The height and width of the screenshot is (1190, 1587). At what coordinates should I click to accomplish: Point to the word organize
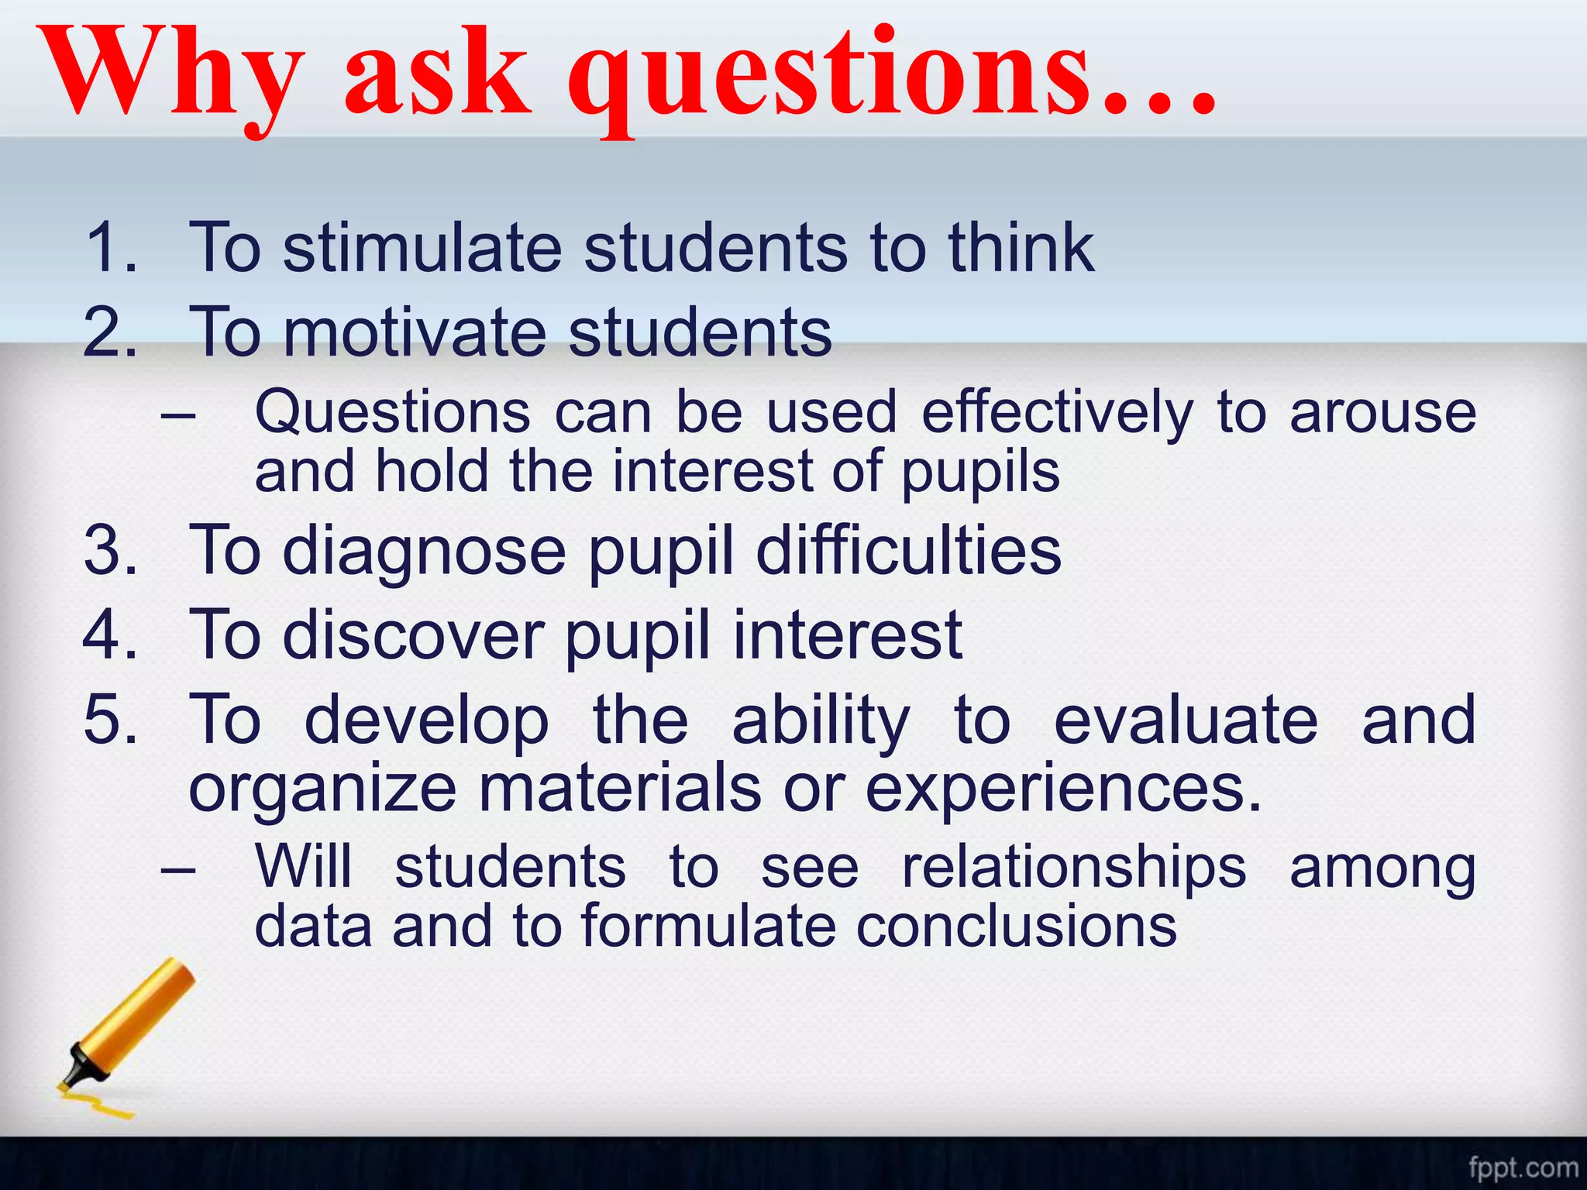[x=322, y=790]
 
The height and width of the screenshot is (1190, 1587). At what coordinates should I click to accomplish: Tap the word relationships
[x=1074, y=868]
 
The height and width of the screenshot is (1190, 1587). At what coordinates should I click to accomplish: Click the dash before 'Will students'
[x=178, y=869]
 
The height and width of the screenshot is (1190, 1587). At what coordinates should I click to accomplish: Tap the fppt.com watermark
[x=1522, y=1167]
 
